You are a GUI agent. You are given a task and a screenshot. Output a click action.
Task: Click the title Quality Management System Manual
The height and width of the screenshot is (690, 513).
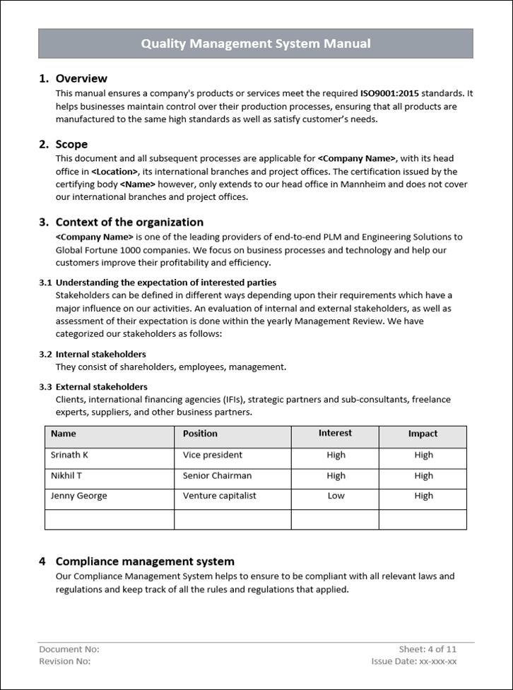255,44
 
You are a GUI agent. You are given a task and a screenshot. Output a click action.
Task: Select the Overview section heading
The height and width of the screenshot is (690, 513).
81,78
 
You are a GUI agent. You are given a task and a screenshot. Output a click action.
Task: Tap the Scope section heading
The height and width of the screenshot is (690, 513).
71,144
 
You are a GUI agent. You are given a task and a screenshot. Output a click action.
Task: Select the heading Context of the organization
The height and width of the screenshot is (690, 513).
129,222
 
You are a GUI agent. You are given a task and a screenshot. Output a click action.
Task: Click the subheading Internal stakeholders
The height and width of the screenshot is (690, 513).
101,354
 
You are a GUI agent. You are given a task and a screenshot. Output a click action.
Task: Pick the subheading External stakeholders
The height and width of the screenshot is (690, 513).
102,386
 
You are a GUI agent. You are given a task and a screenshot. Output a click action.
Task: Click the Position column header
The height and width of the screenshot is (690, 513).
200,434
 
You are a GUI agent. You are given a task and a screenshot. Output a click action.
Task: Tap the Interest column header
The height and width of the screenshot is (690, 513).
335,433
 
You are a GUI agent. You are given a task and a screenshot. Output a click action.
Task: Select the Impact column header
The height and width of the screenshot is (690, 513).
423,434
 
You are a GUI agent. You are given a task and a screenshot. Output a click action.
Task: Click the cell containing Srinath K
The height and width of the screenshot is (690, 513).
69,455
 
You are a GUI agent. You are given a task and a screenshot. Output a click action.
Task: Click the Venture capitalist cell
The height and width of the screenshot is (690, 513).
219,496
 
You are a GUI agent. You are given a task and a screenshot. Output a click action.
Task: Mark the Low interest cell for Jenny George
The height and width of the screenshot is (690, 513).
336,496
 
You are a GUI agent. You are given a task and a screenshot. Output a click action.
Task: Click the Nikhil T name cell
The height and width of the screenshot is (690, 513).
66,475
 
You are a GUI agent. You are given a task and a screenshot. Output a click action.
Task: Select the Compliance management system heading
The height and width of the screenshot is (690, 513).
145,561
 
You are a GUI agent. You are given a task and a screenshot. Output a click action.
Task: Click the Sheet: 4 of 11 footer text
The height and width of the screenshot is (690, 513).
427,649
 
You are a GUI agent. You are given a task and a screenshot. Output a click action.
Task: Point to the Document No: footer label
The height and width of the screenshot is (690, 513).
69,649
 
